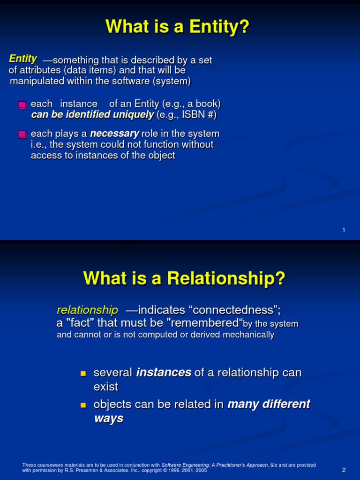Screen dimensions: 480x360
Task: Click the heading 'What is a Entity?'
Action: pos(178,27)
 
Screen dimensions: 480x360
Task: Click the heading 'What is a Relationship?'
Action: pos(184,278)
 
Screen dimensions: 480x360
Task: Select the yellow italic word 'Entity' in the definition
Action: pos(23,59)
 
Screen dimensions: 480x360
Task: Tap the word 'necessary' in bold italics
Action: pos(114,134)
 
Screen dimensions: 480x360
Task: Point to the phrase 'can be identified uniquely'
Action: pos(92,115)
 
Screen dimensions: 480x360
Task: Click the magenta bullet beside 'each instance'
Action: pos(22,105)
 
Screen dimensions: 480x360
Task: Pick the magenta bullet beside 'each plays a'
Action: pos(22,135)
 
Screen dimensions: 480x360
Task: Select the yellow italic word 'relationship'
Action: pos(87,310)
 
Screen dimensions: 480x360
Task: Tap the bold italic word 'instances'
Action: pos(164,373)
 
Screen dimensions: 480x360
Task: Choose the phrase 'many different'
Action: pos(269,404)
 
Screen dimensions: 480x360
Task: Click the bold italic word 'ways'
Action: pos(109,419)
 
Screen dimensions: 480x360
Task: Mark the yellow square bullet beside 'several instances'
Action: pos(83,374)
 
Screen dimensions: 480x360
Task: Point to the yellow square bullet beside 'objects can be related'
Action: pos(83,405)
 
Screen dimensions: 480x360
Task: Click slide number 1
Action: pos(344,230)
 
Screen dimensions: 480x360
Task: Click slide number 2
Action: pos(344,470)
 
